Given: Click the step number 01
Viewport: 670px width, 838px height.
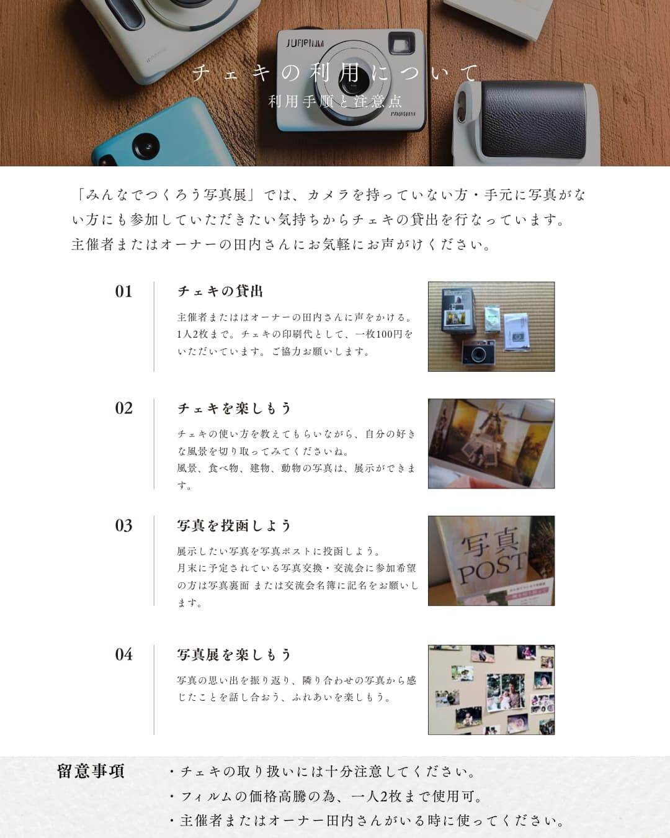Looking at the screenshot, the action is coord(123,292).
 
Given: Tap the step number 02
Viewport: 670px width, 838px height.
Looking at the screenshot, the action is coord(123,408).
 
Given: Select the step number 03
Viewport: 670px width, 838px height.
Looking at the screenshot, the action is coord(123,526).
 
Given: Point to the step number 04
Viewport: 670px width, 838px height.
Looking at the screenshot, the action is coord(123,655).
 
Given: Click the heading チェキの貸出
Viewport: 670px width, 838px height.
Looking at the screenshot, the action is coord(220,291).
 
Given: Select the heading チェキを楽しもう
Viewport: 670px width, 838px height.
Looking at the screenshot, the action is coord(234,408).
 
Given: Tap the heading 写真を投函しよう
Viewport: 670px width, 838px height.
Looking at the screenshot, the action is coord(234,526).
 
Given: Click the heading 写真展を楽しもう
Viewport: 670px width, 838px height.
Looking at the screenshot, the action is coord(234,655).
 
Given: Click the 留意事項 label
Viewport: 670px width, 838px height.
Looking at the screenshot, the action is coord(91,771).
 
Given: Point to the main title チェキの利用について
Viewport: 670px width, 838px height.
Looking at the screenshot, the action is coord(335,73).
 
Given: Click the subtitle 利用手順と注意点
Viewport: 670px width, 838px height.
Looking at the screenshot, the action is coord(335,102).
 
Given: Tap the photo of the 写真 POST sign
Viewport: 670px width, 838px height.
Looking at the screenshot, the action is coord(491,561).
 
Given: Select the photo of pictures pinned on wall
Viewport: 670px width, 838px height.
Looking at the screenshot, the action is coord(491,690).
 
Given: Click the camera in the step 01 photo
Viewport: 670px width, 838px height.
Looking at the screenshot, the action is coord(479,353).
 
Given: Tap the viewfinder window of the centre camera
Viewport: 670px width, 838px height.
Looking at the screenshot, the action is coord(401,44).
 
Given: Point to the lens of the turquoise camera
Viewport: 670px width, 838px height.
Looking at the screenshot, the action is coord(146,147).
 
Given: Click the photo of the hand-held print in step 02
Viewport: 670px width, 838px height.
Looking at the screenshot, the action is coord(491,444).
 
